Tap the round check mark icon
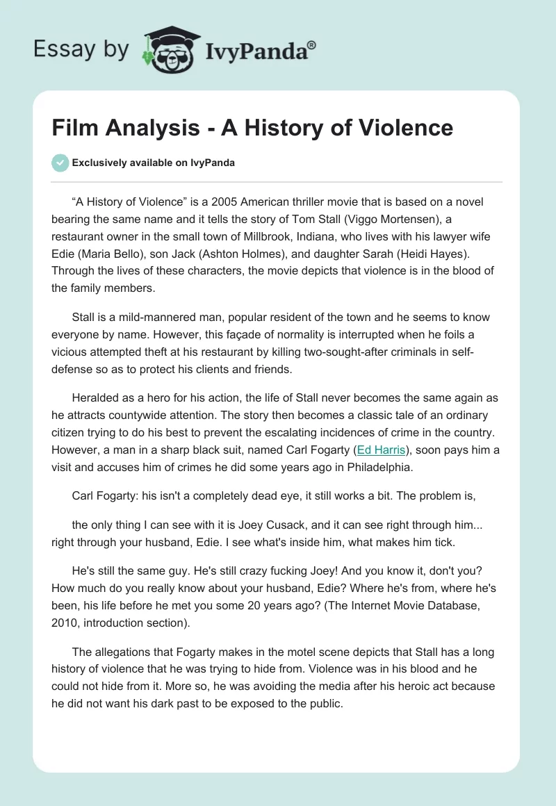[60, 163]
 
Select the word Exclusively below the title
[99, 163]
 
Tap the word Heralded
[97, 399]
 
